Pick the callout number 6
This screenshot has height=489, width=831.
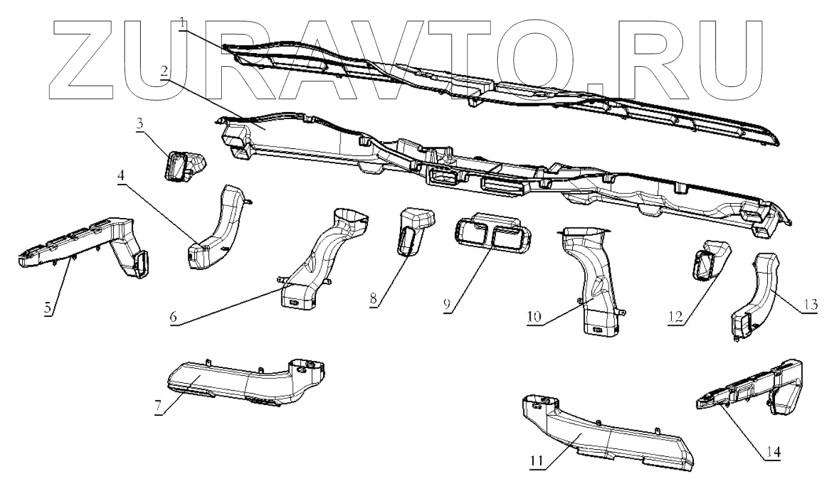(173, 317)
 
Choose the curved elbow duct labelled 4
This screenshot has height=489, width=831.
(218, 233)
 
